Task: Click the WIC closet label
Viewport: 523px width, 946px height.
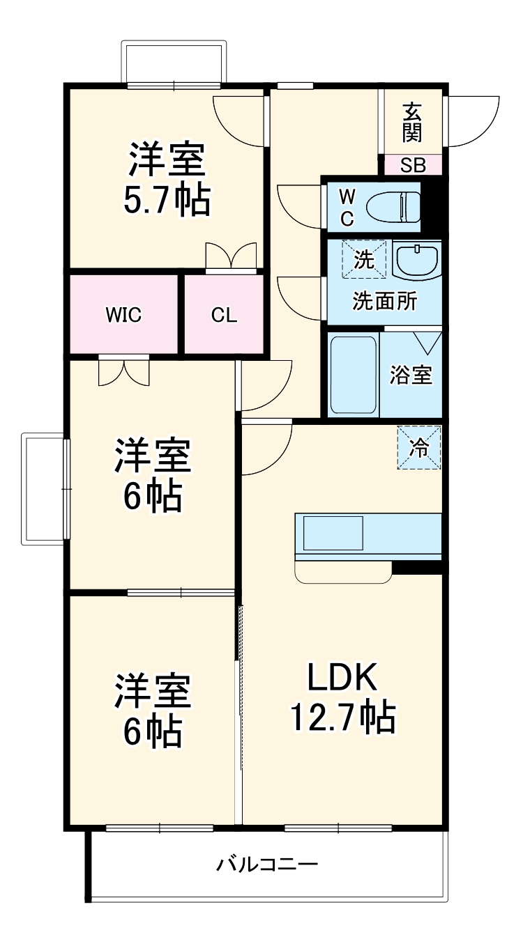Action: point(123,315)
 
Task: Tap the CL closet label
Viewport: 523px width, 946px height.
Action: point(225,315)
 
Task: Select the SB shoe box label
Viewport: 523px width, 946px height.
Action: point(412,166)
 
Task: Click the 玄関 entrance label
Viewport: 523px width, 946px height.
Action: point(412,123)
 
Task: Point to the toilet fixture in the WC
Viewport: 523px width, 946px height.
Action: point(392,206)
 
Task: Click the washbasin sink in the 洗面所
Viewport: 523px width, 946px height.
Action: point(416,262)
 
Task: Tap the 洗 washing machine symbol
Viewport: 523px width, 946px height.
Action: point(363,259)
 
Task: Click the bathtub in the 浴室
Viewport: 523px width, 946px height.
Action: point(354,375)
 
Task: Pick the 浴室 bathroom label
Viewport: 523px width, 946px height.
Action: point(411,375)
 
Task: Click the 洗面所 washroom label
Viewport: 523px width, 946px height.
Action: point(384,302)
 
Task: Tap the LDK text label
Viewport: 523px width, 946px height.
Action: point(342,676)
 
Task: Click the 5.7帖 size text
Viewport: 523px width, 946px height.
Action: point(166,201)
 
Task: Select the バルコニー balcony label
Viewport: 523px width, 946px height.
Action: point(267,865)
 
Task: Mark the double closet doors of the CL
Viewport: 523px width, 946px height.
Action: point(231,256)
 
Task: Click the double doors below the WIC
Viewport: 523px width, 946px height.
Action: point(124,371)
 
